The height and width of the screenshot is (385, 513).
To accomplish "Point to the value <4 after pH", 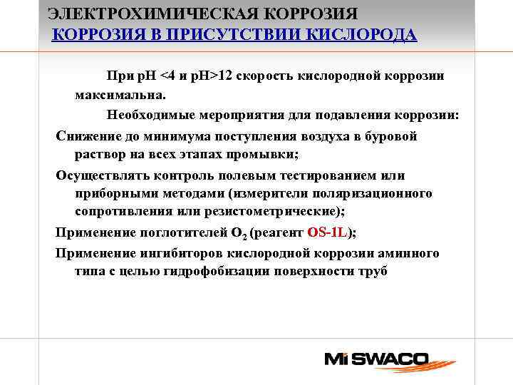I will click(170, 76).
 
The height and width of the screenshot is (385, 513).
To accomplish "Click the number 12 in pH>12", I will click(227, 76).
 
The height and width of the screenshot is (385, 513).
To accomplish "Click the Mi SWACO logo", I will click(376, 359).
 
